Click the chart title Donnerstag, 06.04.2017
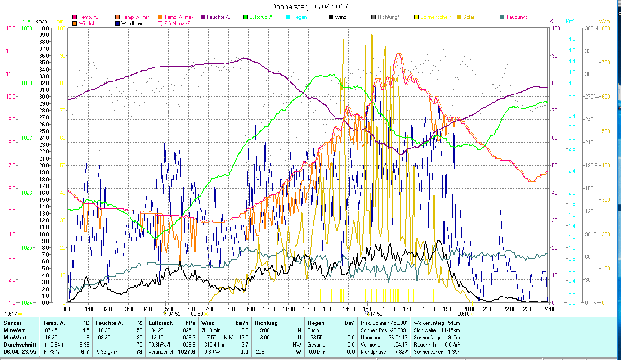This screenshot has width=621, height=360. click(x=310, y=7)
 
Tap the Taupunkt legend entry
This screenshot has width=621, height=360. click(x=516, y=17)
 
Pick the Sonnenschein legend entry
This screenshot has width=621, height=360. click(x=435, y=17)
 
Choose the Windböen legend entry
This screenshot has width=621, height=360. click(x=132, y=23)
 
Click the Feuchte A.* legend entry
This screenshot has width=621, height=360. click(x=219, y=17)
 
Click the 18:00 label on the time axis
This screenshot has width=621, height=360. click(x=429, y=309)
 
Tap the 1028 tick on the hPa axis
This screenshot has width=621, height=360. click(x=27, y=83)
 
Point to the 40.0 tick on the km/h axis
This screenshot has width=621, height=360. click(x=44, y=28)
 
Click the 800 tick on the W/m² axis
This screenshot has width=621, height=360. click(x=606, y=28)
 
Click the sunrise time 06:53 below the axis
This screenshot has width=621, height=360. click(x=197, y=314)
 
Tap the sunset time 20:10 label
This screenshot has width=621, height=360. click(x=463, y=314)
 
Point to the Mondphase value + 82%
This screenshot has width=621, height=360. click(x=402, y=352)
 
